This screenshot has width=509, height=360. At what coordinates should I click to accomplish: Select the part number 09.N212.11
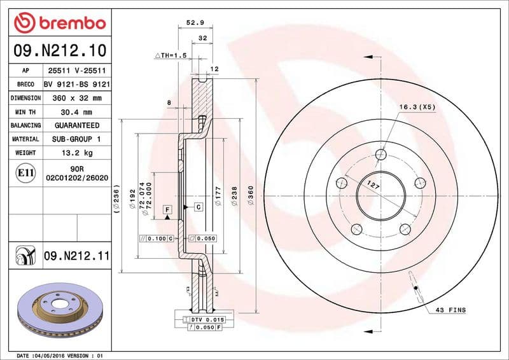point(77,256)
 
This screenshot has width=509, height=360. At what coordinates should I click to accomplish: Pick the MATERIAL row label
point(26,139)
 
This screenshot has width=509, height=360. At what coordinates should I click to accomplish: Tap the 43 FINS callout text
point(450,310)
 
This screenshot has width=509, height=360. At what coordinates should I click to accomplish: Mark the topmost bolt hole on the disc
point(380,154)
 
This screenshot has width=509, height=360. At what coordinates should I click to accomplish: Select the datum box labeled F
point(167,209)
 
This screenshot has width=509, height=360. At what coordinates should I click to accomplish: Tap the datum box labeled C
point(198,207)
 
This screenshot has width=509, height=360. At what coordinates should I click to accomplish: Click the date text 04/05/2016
point(50,355)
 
